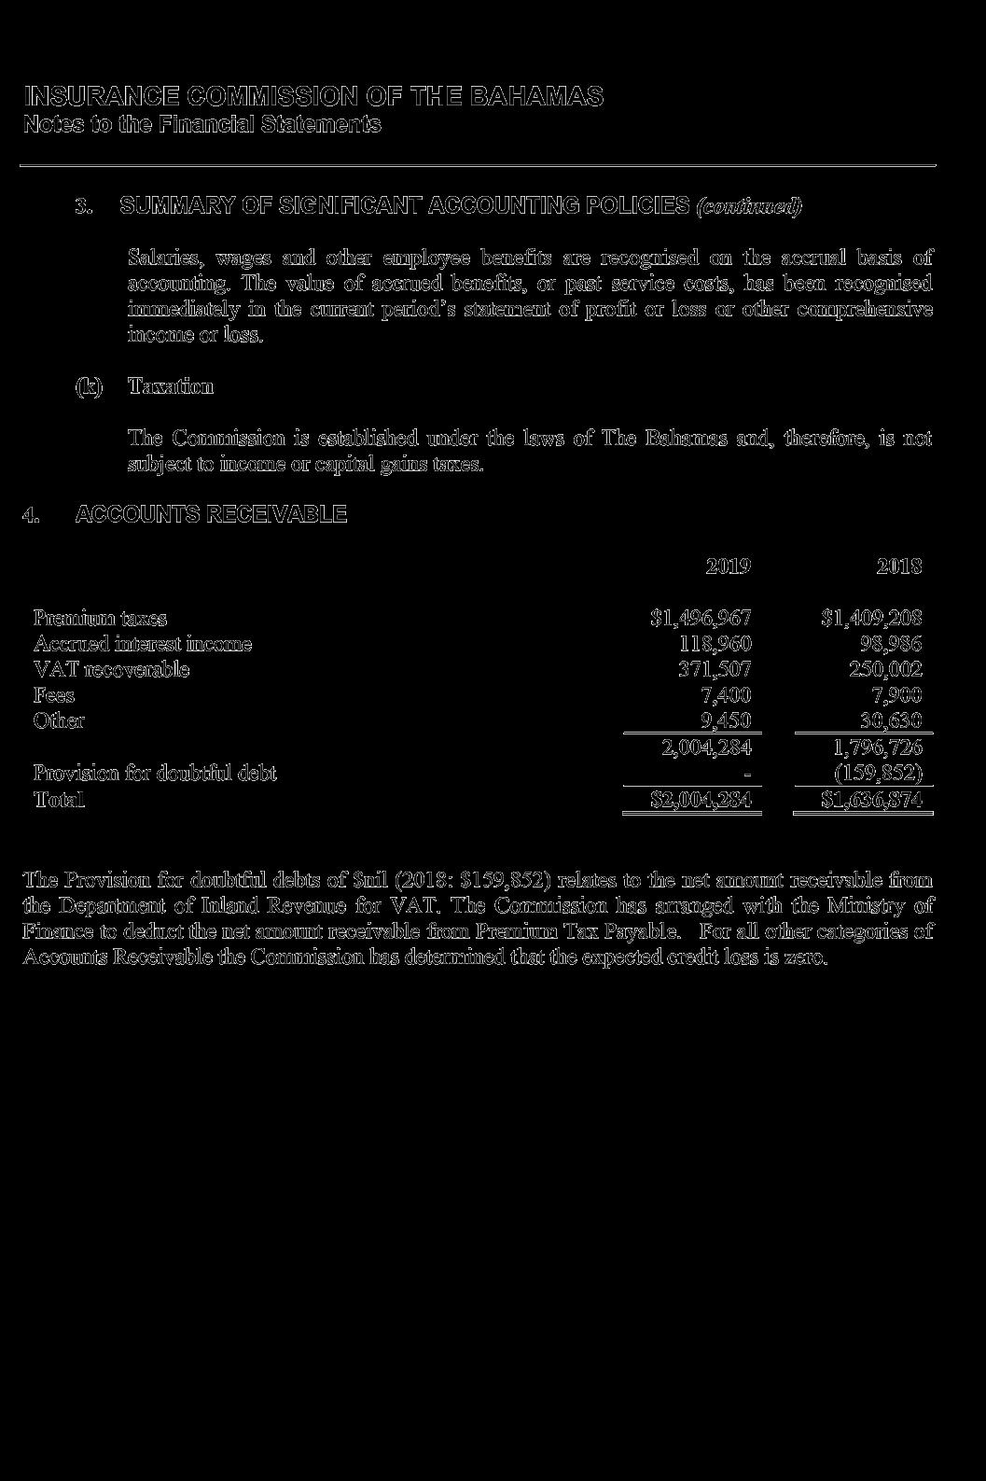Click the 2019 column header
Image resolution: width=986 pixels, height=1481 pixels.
click(728, 566)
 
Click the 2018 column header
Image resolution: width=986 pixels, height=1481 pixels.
click(899, 566)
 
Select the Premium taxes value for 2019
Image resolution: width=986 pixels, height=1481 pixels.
click(701, 618)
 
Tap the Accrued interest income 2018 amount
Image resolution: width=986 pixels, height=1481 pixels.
click(891, 644)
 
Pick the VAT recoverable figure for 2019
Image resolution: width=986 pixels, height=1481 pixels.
click(715, 669)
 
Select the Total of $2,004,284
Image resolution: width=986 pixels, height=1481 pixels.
click(701, 800)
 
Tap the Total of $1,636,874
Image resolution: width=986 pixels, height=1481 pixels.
click(872, 800)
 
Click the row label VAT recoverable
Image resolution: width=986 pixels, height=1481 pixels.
click(111, 669)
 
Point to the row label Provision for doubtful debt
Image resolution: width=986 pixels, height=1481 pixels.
click(155, 774)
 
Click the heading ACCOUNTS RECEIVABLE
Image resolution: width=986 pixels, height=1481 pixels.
click(211, 514)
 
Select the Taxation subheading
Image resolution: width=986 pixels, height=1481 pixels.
click(171, 386)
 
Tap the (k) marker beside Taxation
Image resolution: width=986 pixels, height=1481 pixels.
click(89, 386)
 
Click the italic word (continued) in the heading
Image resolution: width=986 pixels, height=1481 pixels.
click(749, 206)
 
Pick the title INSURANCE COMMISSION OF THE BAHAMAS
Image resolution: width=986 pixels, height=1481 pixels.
click(313, 97)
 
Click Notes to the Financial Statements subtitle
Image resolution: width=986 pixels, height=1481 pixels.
click(202, 125)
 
